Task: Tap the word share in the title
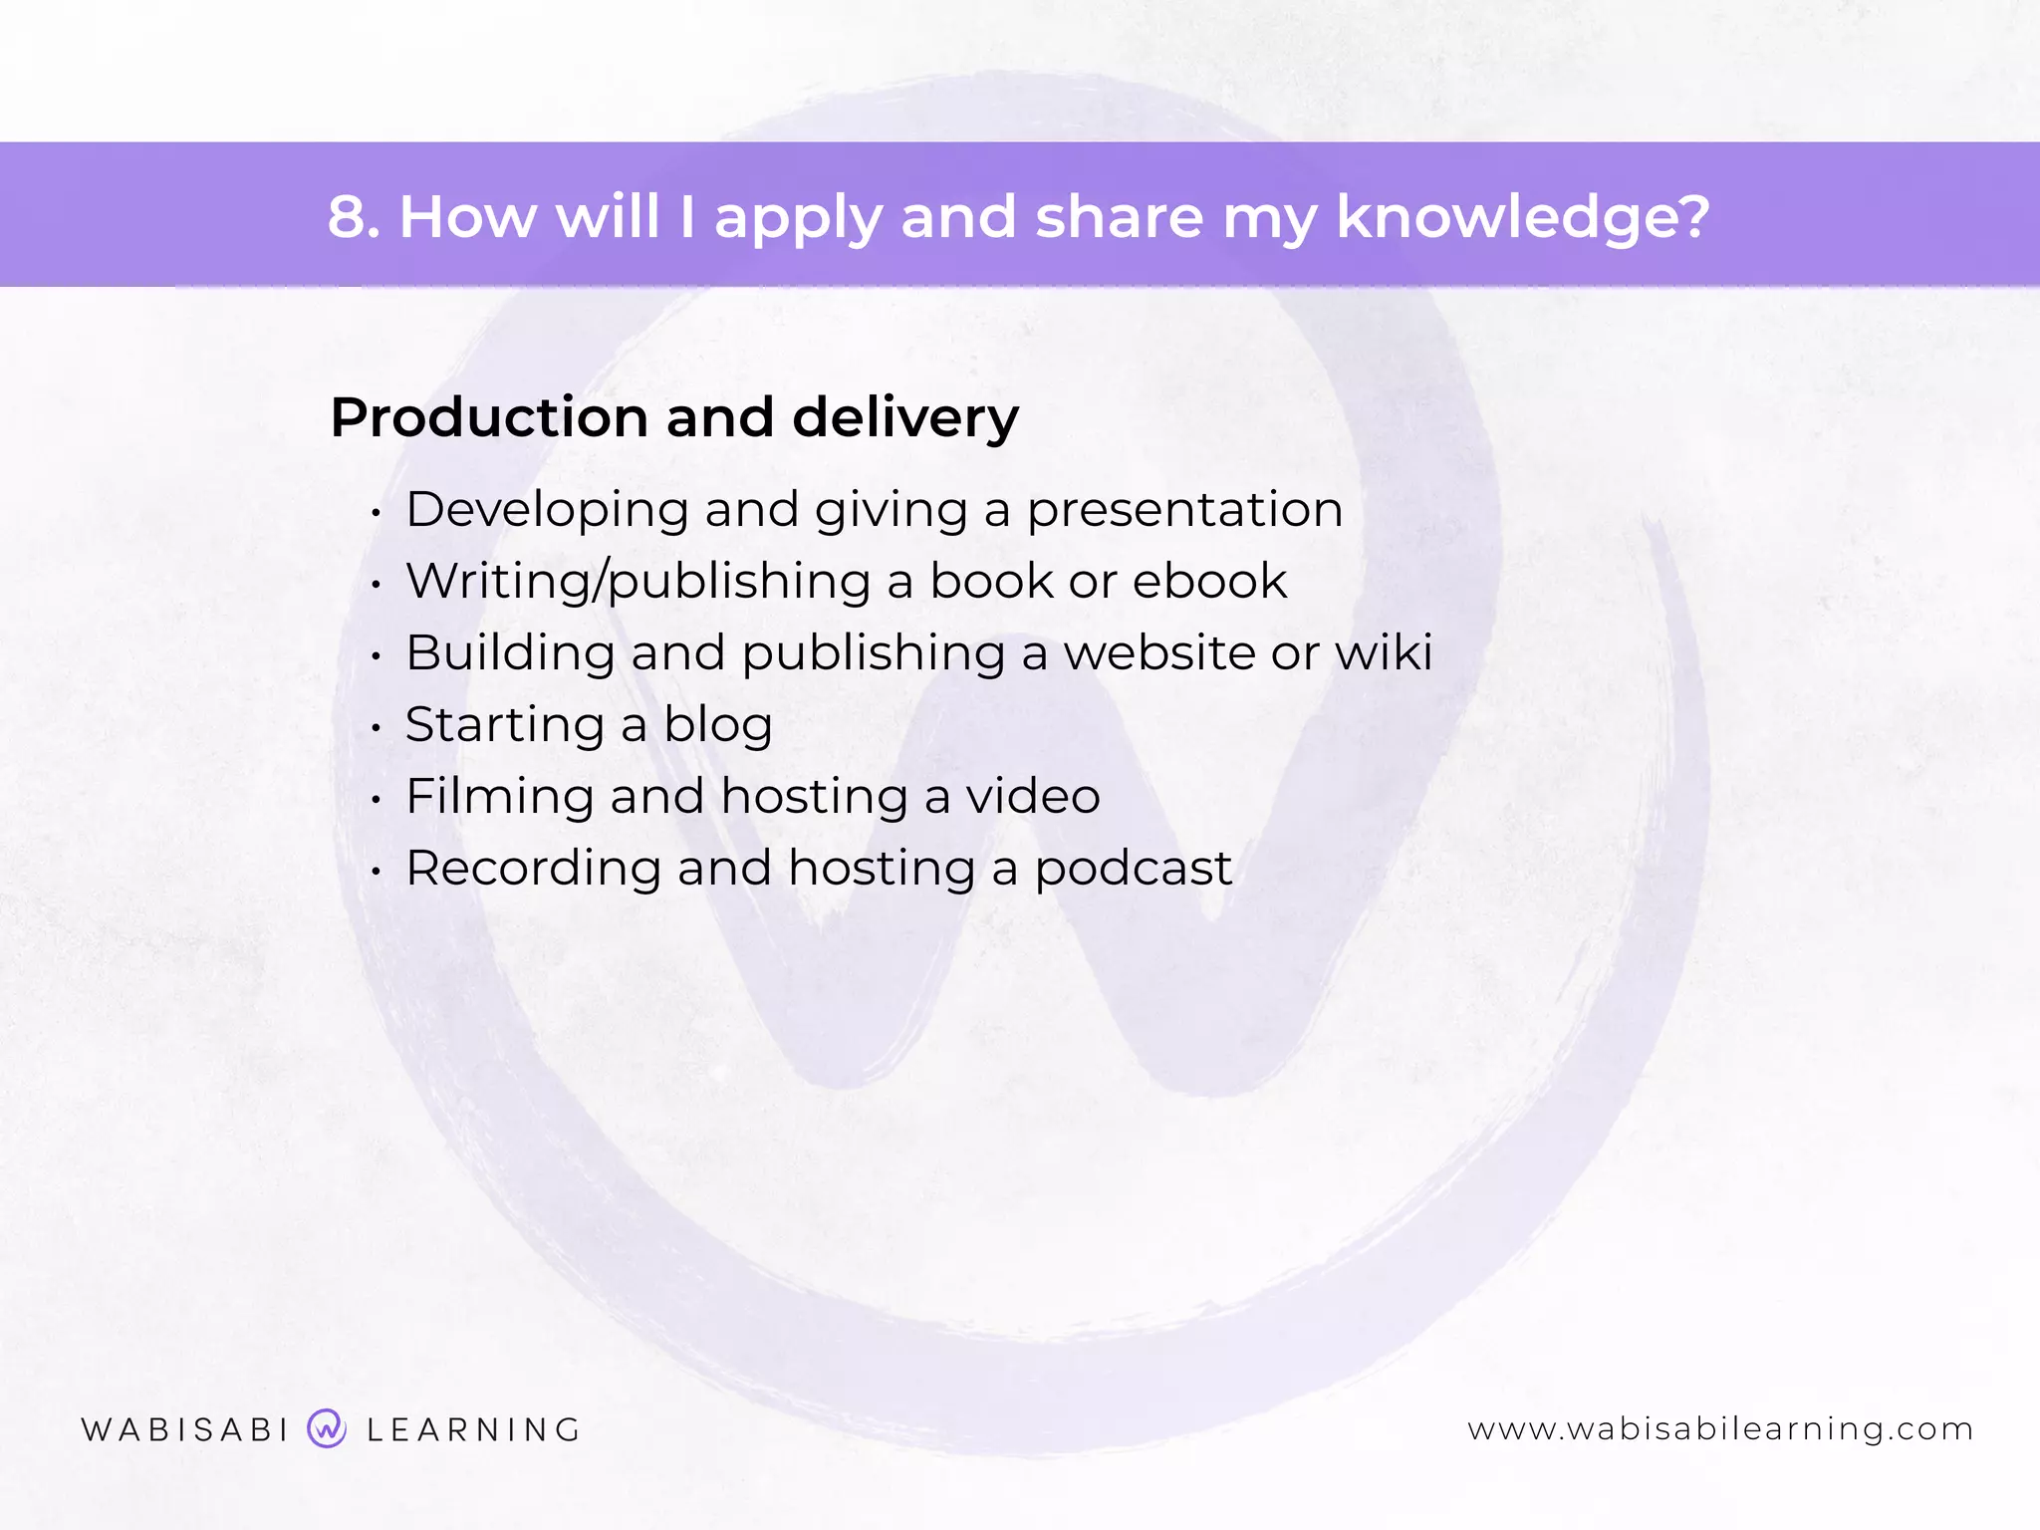tap(1119, 216)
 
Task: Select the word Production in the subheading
tap(488, 417)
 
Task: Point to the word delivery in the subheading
tap(905, 417)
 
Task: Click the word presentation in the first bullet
tap(1184, 511)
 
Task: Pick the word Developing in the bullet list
tap(547, 511)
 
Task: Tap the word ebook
tap(1209, 581)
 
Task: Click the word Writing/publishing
tap(638, 583)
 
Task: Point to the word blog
tap(718, 726)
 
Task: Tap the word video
tap(1033, 796)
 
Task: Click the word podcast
tap(1133, 870)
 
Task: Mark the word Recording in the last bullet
tap(533, 870)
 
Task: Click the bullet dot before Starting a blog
tap(376, 728)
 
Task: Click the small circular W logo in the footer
tap(327, 1428)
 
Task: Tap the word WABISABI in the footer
tap(185, 1429)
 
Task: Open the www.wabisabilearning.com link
tap(1720, 1429)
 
